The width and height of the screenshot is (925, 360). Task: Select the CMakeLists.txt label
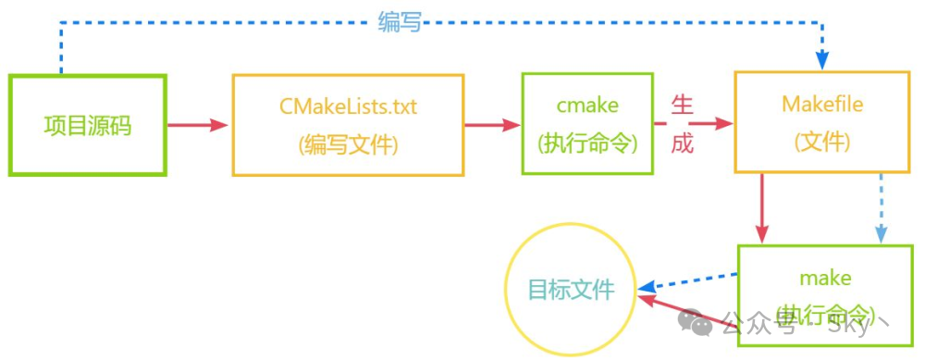click(x=348, y=106)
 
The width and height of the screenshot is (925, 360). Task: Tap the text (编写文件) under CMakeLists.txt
click(x=348, y=145)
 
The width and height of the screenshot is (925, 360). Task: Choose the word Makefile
click(x=822, y=104)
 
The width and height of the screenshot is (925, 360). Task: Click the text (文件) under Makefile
click(x=822, y=143)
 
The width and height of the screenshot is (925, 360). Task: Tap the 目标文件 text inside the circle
click(x=571, y=290)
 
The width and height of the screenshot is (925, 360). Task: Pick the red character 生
click(x=682, y=105)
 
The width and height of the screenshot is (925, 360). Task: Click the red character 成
click(x=682, y=145)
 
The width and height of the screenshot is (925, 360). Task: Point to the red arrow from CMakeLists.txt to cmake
click(x=492, y=125)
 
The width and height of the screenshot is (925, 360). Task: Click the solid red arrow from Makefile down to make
click(x=762, y=208)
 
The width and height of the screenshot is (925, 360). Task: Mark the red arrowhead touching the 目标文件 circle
click(x=647, y=300)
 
